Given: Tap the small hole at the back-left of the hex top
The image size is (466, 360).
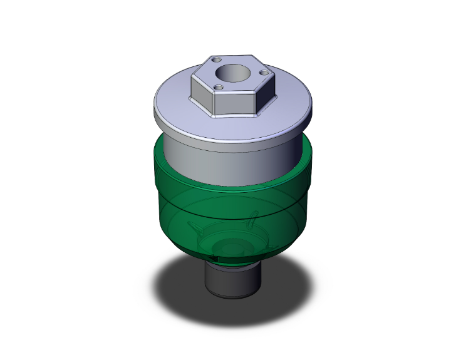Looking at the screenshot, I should (217, 59).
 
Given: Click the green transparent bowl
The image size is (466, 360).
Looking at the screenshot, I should (175, 200).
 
